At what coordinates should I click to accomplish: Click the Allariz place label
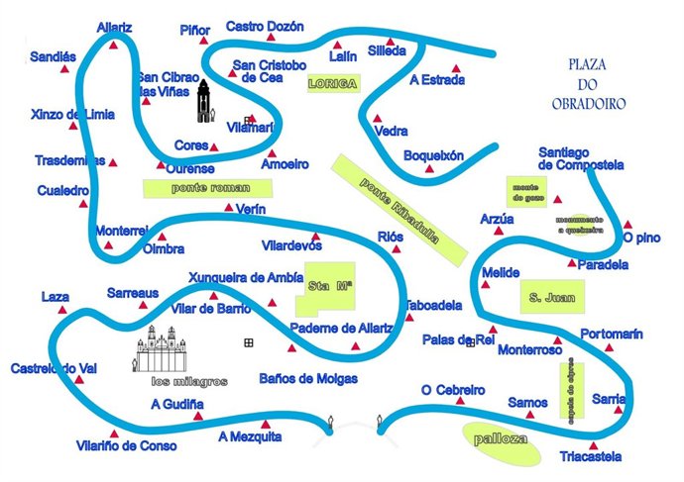(114, 28)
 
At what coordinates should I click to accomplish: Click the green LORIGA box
(330, 84)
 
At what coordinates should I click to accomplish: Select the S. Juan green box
(552, 296)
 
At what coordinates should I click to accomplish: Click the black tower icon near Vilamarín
(203, 102)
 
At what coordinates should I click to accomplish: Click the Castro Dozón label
(265, 27)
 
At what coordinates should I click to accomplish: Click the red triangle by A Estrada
(457, 68)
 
